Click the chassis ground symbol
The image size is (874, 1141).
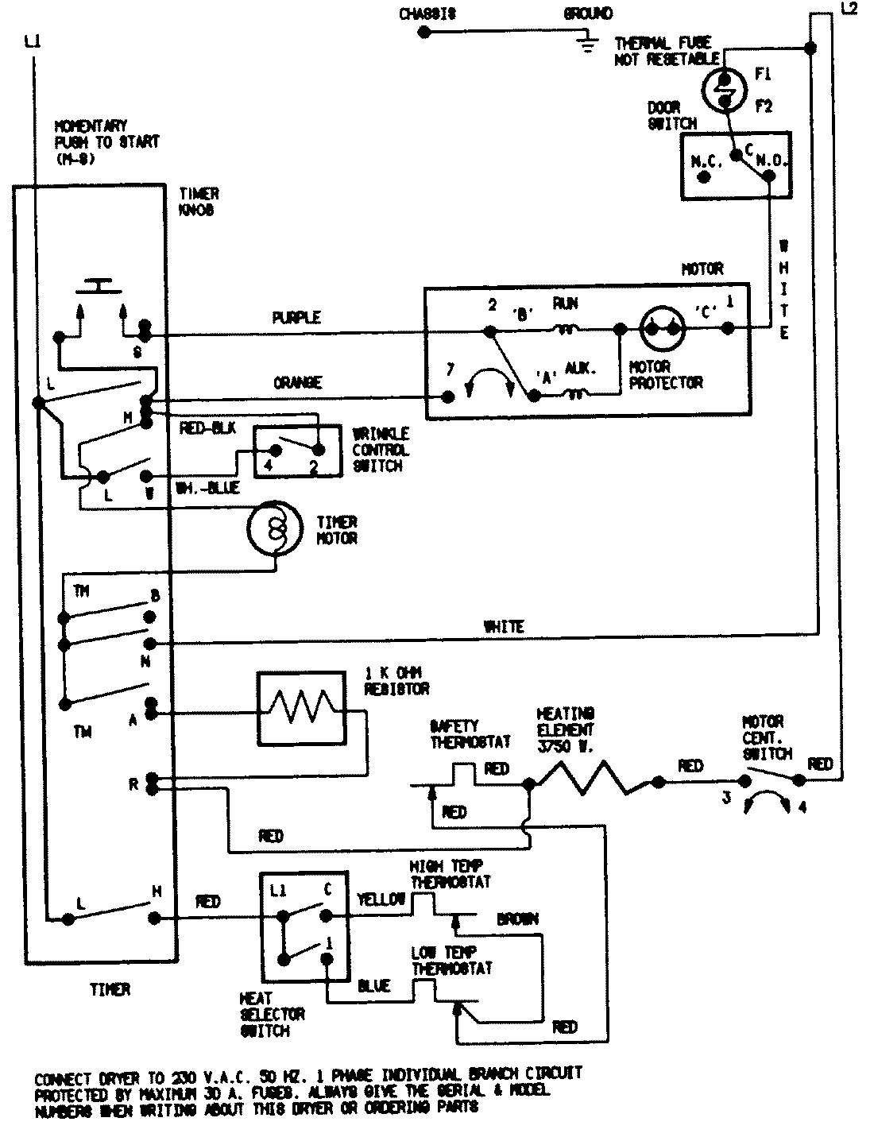pos(588,44)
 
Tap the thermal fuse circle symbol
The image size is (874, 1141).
pos(725,88)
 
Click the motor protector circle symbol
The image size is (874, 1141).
pos(662,327)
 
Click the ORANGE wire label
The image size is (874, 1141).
pos(298,383)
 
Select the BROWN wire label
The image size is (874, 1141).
pos(517,919)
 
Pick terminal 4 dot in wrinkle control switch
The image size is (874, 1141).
pos(269,451)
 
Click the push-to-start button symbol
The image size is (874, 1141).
pos(99,285)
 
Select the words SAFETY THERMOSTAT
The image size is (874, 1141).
pos(470,733)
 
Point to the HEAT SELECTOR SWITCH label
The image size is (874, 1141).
pos(272,1015)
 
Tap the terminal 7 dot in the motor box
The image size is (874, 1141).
pos(448,395)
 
